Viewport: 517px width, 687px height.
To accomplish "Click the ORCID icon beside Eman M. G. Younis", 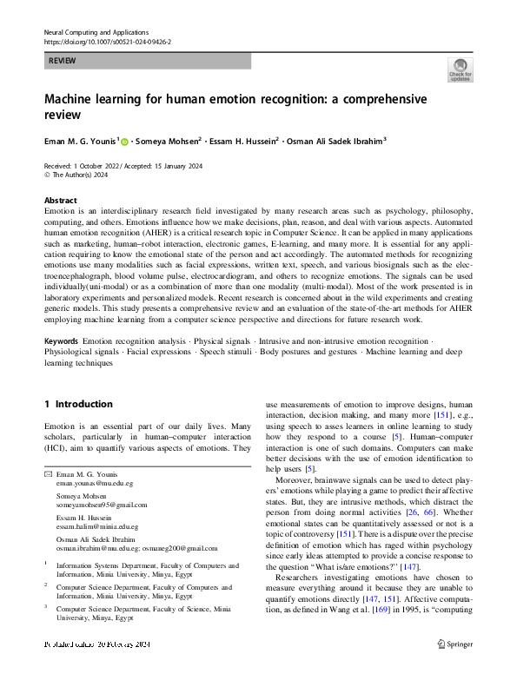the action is click(x=123, y=142).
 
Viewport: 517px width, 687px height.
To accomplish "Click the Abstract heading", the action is click(x=60, y=199).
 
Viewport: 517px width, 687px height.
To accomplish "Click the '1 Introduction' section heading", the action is click(x=78, y=404).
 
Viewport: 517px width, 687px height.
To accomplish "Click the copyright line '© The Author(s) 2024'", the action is click(x=76, y=175).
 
